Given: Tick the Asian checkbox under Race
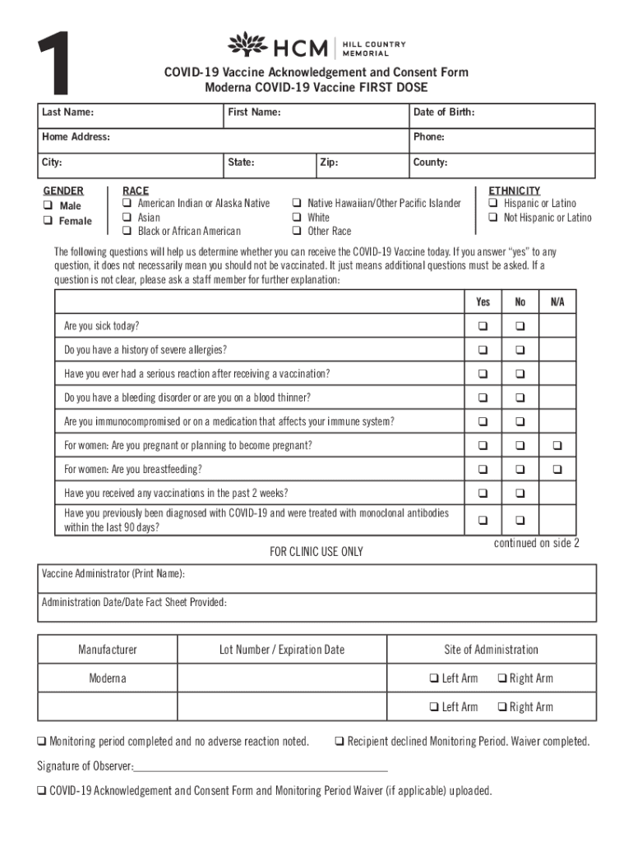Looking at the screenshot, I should (127, 218).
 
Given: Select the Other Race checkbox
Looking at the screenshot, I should (297, 232).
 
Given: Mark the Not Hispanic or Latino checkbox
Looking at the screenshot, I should (493, 218).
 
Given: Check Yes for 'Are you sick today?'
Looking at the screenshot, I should (483, 326).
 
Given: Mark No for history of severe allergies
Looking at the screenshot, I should (520, 350).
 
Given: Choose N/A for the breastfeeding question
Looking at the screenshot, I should (557, 470).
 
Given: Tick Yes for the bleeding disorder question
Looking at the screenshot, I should (483, 398).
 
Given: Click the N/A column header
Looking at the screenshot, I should (557, 302).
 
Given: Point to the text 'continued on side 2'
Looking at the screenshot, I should (536, 544).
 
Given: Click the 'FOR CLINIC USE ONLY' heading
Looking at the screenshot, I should (316, 552).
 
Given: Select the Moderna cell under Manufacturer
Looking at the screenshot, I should (108, 678).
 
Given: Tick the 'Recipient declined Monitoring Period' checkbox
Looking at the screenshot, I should (339, 742).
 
